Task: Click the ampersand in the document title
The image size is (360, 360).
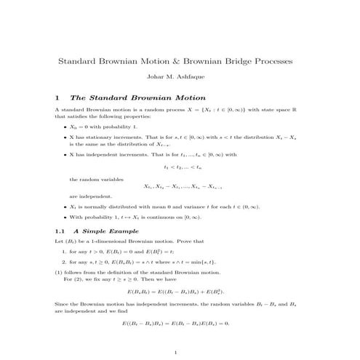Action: (188, 62)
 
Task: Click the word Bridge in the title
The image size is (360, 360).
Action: (247, 62)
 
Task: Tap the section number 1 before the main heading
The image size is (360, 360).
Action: (57, 97)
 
